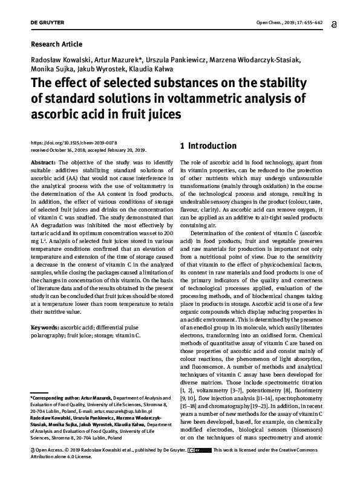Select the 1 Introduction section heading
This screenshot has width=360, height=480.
tap(208, 146)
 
